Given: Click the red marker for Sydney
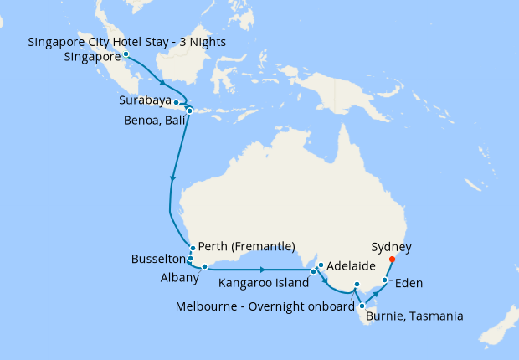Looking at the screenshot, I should point(393,259).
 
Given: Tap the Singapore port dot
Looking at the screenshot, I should point(126,54).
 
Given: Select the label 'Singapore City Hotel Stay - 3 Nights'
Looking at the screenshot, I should point(126,42).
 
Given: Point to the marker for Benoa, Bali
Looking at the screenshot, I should point(189,111).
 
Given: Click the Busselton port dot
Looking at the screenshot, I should point(191,259).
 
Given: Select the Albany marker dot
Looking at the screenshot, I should point(204,267).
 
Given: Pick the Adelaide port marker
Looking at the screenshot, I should point(321,266).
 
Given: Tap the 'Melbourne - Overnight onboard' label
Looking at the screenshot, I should point(265,306).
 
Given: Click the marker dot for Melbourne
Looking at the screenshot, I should point(357,285).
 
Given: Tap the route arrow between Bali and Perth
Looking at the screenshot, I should point(173,177).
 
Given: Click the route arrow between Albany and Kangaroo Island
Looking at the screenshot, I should point(263,270).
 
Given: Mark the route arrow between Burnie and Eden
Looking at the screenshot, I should point(374,295).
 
